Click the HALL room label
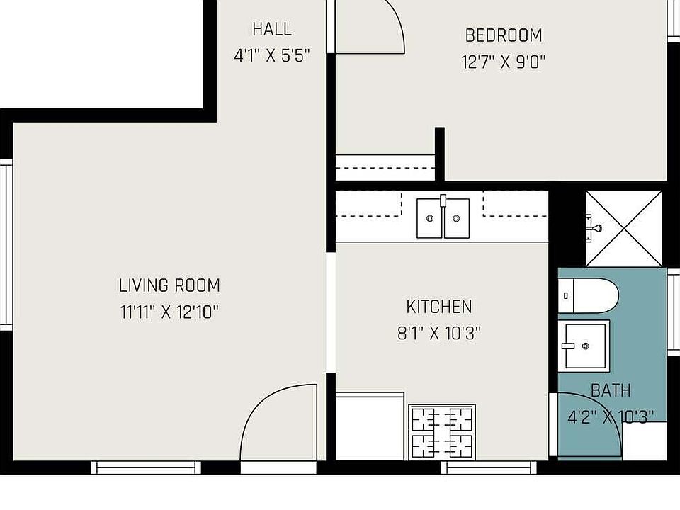(272, 30)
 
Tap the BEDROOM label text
(504, 35)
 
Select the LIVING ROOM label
(169, 285)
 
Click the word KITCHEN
(439, 307)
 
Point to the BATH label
(611, 390)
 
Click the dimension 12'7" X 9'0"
(504, 62)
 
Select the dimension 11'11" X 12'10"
(169, 312)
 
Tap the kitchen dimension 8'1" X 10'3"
(439, 334)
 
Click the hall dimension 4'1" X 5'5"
(272, 56)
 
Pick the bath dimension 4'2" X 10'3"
(611, 417)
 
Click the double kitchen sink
(443, 218)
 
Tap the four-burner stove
(442, 432)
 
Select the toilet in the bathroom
(588, 296)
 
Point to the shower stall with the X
(624, 229)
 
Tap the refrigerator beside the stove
(370, 426)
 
